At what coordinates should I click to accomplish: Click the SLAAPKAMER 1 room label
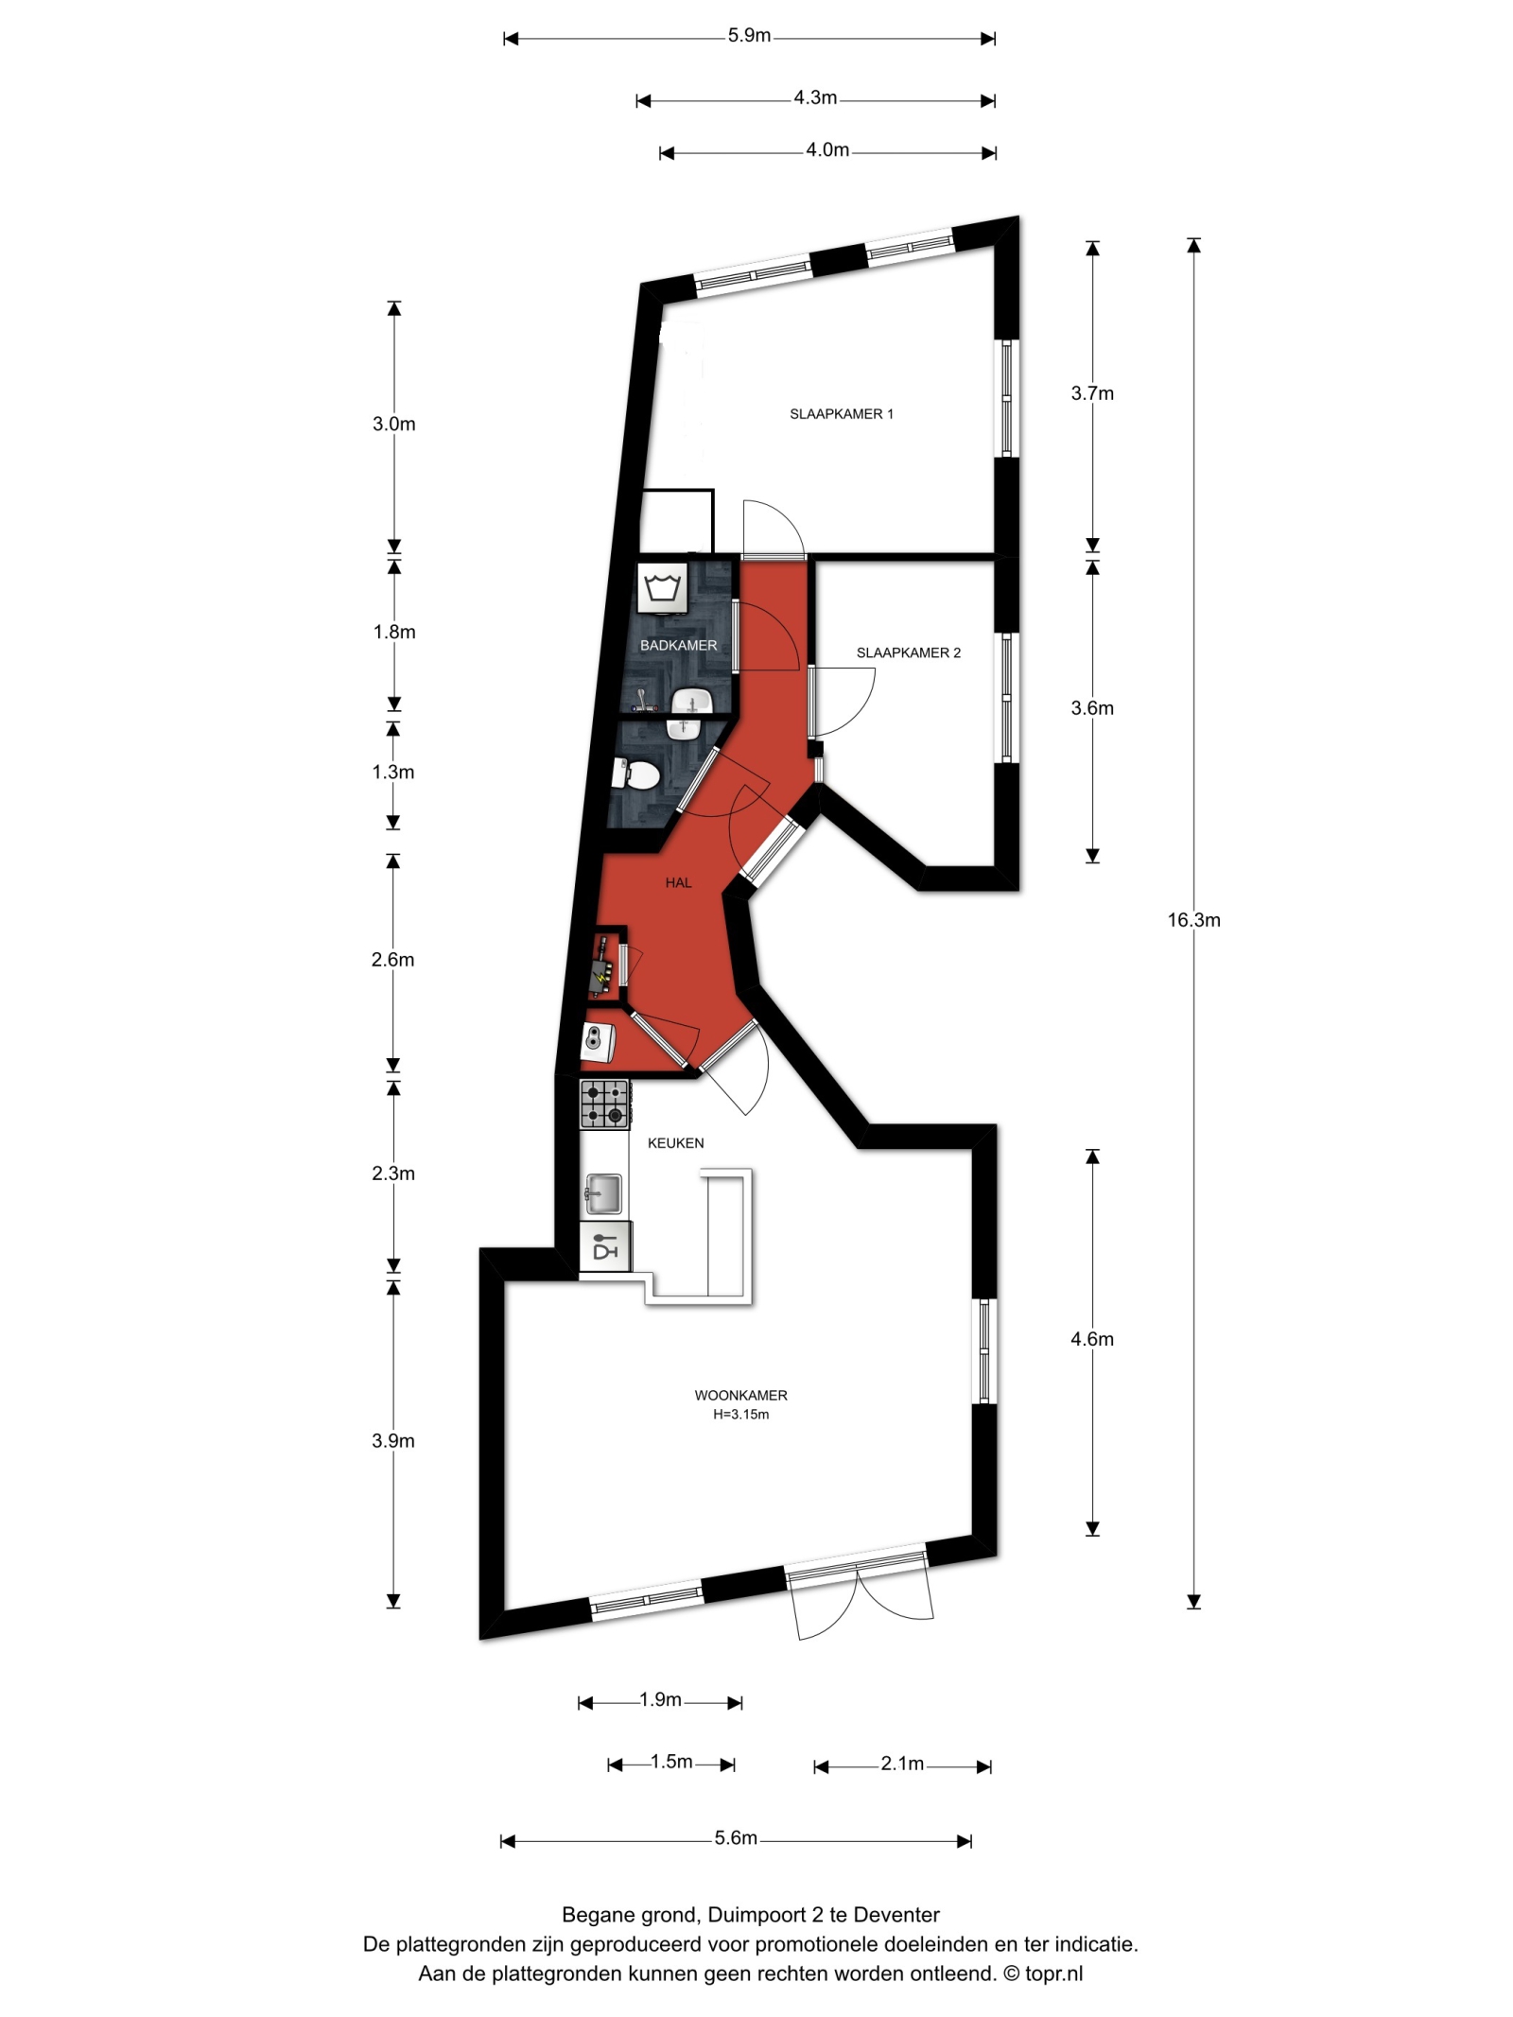841,414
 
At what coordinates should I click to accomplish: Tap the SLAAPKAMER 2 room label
908,652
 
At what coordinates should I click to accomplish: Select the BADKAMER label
678,645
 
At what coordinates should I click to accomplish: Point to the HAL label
678,882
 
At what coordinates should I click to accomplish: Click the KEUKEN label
675,1142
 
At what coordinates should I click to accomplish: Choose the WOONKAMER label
740,1395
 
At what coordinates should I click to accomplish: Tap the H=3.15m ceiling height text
740,1415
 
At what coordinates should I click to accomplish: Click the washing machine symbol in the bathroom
662,588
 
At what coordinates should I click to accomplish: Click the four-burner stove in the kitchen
604,1104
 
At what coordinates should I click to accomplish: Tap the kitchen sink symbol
602,1193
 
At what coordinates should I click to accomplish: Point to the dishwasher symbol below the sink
604,1246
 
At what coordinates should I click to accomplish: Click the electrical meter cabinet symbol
601,966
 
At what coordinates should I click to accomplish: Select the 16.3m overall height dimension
1193,920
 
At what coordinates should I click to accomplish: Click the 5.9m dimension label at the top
749,36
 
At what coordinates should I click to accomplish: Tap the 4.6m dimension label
1092,1339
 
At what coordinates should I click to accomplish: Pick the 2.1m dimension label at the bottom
902,1764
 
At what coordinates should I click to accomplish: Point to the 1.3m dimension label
392,772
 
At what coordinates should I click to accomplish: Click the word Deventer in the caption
896,1915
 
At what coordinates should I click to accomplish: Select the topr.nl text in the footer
1053,1974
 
